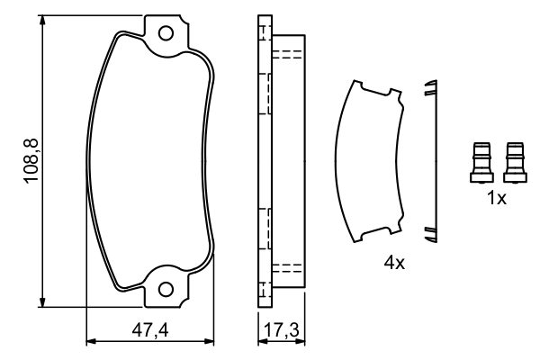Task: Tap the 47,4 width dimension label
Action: [150, 330]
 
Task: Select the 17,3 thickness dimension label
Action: [282, 330]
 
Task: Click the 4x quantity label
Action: [394, 263]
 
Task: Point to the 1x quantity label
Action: [497, 198]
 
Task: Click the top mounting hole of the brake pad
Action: [166, 33]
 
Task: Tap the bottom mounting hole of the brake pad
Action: [166, 289]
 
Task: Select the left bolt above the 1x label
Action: [481, 162]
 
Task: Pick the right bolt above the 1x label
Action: [515, 162]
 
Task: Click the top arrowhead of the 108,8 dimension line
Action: [42, 20]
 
